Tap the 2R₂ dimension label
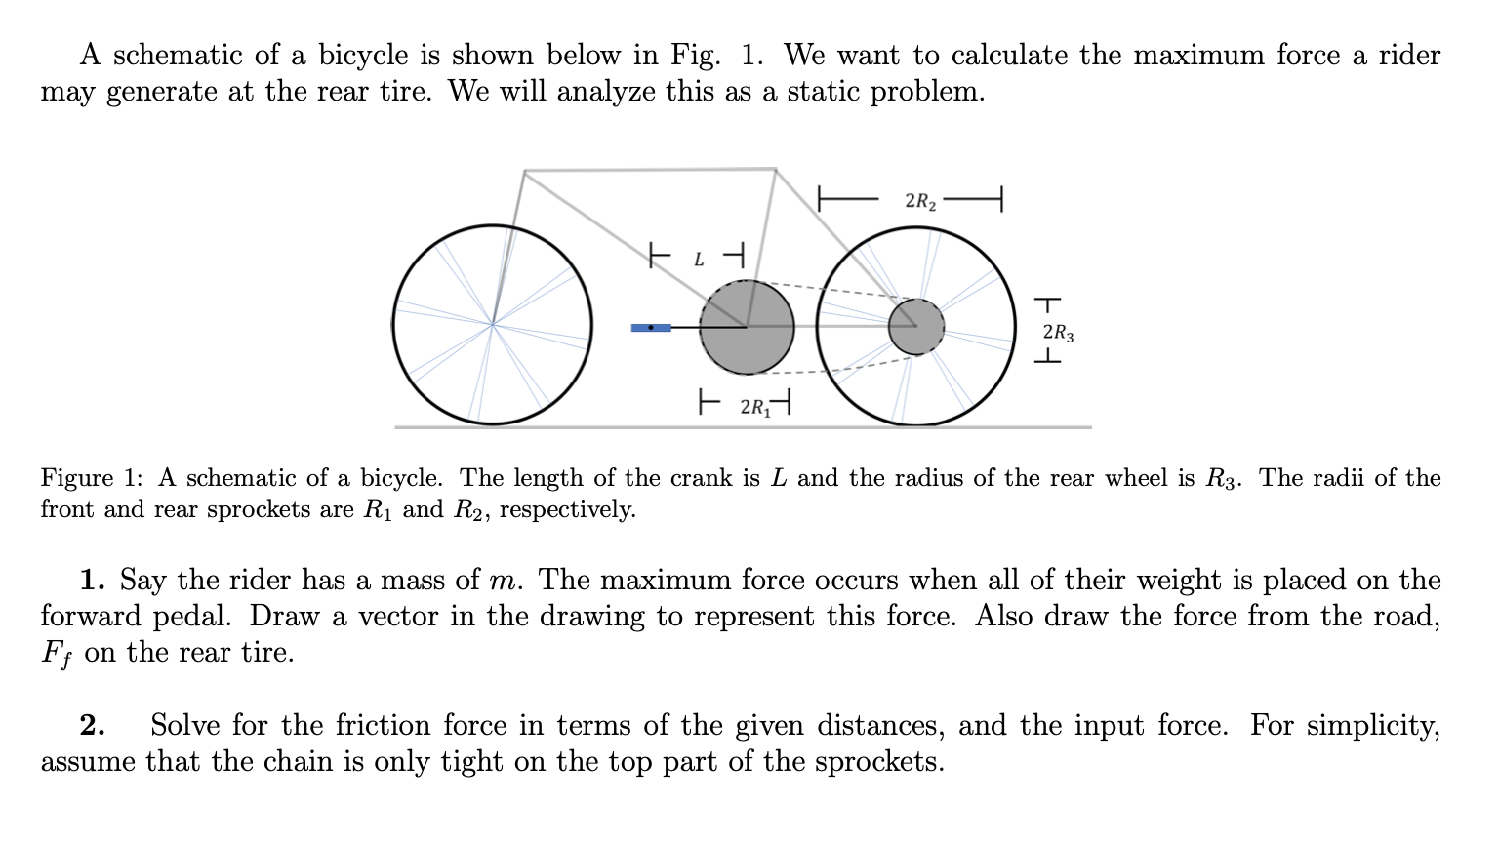tap(920, 202)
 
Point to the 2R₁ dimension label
tap(753, 406)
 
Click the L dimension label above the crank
tap(699, 260)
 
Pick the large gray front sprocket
tap(747, 328)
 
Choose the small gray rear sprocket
tap(916, 327)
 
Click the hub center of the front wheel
tap(493, 325)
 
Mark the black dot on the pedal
tap(651, 328)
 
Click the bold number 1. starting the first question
tap(93, 581)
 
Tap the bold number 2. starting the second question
tap(93, 726)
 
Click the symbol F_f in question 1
tap(57, 653)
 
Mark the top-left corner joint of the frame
tap(525, 172)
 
